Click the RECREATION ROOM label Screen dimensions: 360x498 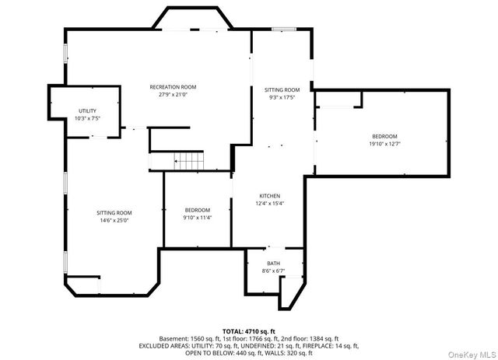tap(173, 87)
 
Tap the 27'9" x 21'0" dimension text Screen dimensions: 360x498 tap(173, 95)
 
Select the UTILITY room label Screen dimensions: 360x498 tap(87, 111)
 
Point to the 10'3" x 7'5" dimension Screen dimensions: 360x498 tap(87, 119)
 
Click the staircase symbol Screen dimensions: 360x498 tap(189, 162)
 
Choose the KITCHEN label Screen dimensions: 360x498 tap(270, 196)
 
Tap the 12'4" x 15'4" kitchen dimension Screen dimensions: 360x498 tap(270, 204)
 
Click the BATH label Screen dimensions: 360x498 tap(274, 264)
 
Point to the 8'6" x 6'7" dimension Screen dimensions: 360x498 tap(274, 271)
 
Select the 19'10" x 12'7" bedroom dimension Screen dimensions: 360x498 tap(384, 144)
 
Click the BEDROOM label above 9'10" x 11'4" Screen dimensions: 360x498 tap(198, 210)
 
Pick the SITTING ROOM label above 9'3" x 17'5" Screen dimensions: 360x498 tap(282, 90)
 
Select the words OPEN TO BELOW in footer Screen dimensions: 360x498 tap(207, 353)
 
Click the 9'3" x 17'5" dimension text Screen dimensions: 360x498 tap(282, 98)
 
